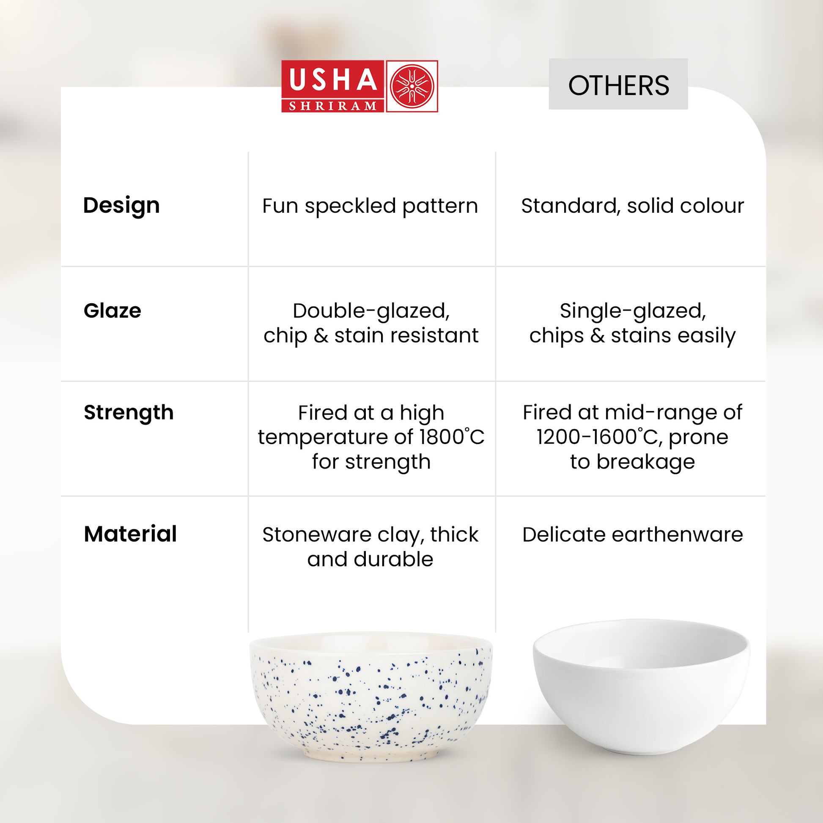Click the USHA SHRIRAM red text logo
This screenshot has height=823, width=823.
click(x=333, y=86)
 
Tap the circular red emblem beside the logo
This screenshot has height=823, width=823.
click(x=412, y=86)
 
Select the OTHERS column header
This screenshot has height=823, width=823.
click(x=618, y=85)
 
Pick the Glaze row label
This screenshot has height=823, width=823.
click(x=112, y=310)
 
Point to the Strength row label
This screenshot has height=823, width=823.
click(x=129, y=413)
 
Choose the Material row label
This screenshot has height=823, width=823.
click(x=130, y=534)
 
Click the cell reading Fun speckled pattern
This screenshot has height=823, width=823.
click(x=370, y=207)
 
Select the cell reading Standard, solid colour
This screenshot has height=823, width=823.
click(x=633, y=206)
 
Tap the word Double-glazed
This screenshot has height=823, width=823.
click(x=371, y=311)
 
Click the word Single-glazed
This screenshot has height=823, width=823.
click(x=633, y=311)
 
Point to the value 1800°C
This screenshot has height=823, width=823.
click(x=452, y=436)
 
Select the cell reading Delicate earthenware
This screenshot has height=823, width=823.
click(x=633, y=534)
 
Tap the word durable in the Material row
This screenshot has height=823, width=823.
click(x=393, y=560)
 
